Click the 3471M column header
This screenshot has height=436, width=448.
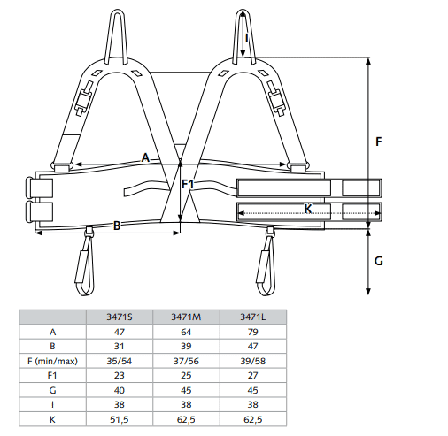pyautogui.click(x=186, y=317)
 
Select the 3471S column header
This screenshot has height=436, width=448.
pyautogui.click(x=120, y=317)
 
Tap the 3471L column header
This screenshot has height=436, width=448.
pyautogui.click(x=253, y=317)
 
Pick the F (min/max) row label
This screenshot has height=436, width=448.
pyautogui.click(x=52, y=361)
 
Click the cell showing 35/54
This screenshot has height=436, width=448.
pyautogui.click(x=120, y=361)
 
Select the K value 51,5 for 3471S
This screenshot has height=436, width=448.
pyautogui.click(x=120, y=419)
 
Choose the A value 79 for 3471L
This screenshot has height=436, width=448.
pyautogui.click(x=253, y=332)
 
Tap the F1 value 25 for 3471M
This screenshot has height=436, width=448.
pyautogui.click(x=186, y=375)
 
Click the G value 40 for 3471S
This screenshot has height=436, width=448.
pyautogui.click(x=120, y=390)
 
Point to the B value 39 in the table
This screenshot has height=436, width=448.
pyautogui.click(x=186, y=346)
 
